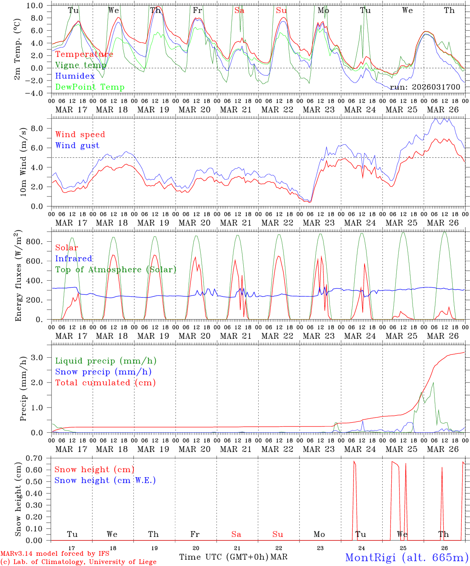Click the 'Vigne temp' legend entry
pyautogui.click(x=81, y=65)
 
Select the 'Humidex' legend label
pyautogui.click(x=75, y=76)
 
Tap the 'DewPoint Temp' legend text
pyautogui.click(x=90, y=87)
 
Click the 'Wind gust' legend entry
pyautogui.click(x=77, y=145)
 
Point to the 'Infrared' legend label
pyautogui.click(x=74, y=259)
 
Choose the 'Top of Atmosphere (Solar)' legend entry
pyautogui.click(x=116, y=270)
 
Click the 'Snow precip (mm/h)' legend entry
pyautogui.click(x=103, y=372)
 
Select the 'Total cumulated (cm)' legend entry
pyautogui.click(x=105, y=383)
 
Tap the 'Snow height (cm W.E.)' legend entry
pyautogui.click(x=105, y=480)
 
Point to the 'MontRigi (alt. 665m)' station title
pyautogui.click(x=407, y=557)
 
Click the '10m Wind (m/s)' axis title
pyautogui.click(x=23, y=162)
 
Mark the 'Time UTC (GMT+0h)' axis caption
pyautogui.click(x=224, y=557)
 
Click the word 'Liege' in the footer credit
pyautogui.click(x=146, y=562)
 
